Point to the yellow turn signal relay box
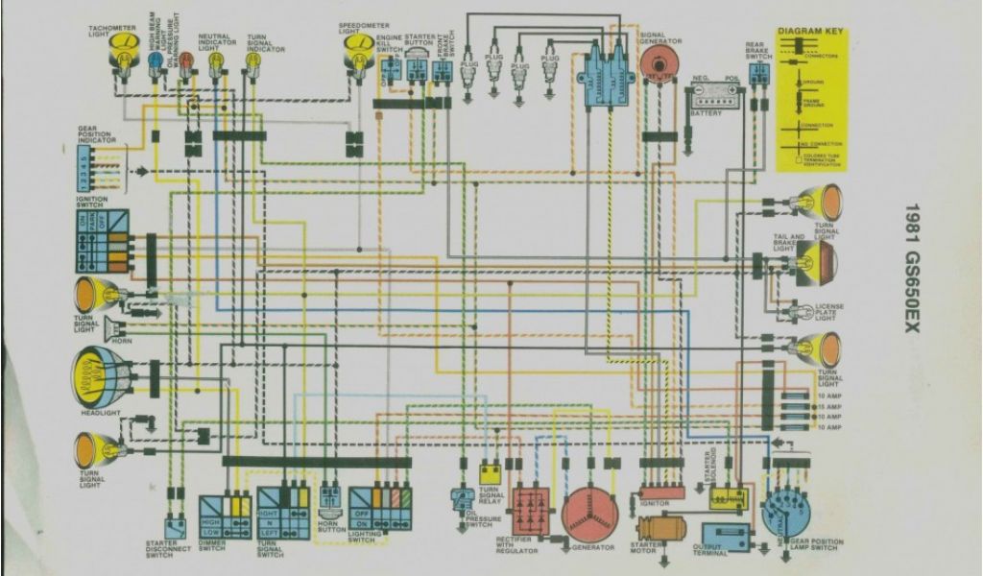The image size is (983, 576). [x=491, y=473]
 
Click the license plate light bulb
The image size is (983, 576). [x=796, y=312]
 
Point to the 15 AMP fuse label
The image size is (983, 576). [x=828, y=406]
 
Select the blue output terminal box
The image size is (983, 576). [x=726, y=537]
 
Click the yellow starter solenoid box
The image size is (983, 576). [x=728, y=498]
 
